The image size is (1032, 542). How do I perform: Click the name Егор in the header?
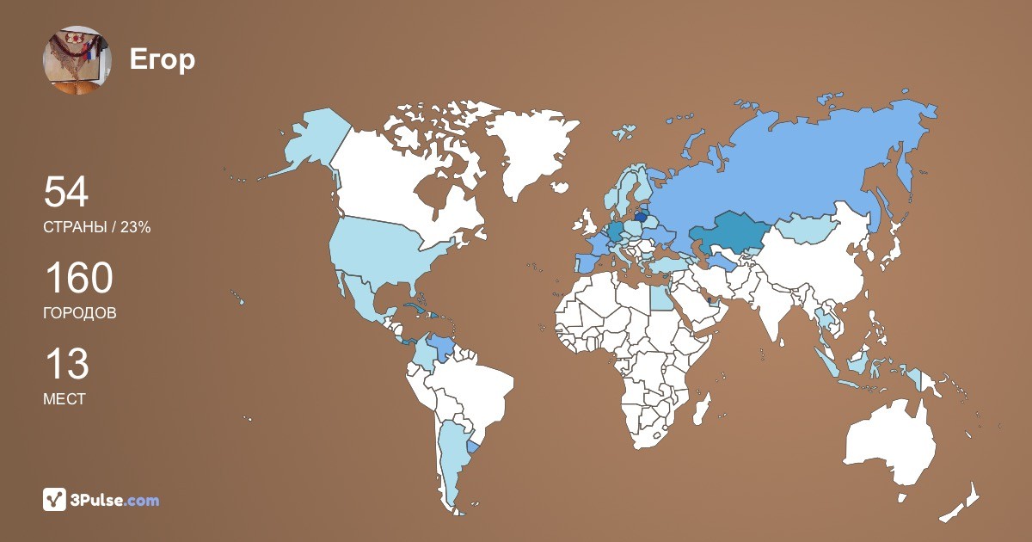[163, 60]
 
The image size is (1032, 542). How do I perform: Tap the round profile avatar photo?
[77, 60]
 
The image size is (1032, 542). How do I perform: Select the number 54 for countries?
[66, 192]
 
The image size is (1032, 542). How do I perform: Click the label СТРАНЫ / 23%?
[97, 227]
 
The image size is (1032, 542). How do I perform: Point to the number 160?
[78, 279]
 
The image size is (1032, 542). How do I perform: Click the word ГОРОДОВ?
[80, 313]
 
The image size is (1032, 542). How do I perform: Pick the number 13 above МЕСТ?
[66, 365]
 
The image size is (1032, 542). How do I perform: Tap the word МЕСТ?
[64, 399]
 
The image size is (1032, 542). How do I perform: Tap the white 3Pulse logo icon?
[55, 499]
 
